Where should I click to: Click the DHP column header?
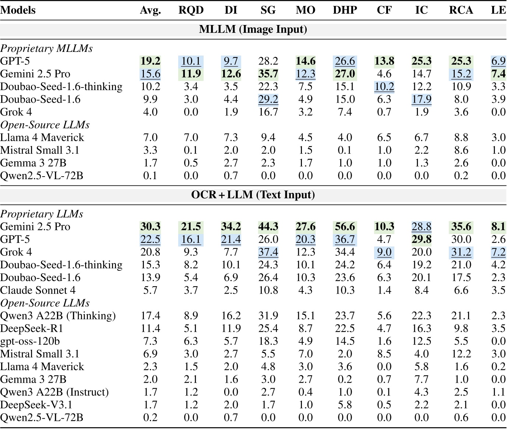click(x=345, y=10)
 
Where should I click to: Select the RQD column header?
click(x=191, y=10)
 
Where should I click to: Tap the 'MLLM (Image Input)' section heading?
click(x=253, y=29)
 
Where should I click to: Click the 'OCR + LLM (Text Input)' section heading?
click(x=253, y=195)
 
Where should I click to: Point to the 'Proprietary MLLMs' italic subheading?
click(x=46, y=49)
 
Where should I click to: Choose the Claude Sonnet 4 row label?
click(x=38, y=290)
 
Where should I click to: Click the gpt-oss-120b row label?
click(x=30, y=341)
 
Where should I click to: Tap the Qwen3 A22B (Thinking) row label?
click(x=58, y=316)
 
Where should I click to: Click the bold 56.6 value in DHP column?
click(x=345, y=227)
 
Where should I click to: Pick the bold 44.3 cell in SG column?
click(x=268, y=227)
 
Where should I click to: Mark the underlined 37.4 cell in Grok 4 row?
click(x=268, y=252)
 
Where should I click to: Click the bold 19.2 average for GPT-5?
click(x=150, y=61)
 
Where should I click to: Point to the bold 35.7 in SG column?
click(x=268, y=74)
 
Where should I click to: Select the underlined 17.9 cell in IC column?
click(x=421, y=99)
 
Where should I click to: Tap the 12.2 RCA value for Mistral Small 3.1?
click(x=461, y=354)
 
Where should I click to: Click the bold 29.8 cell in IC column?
click(x=421, y=240)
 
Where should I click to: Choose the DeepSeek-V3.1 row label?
click(x=36, y=405)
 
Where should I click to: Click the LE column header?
click(x=498, y=10)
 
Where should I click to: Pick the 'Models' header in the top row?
click(x=18, y=10)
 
